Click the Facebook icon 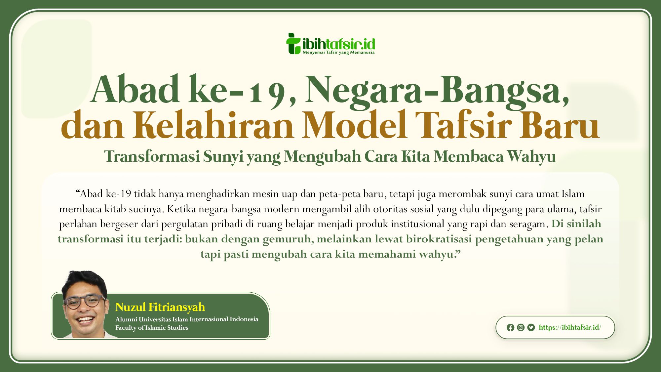coord(510,327)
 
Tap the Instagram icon coord(521,327)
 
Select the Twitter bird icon coord(531,327)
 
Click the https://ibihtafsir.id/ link coord(570,327)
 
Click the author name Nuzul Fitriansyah coord(160,307)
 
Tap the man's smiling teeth coord(86,320)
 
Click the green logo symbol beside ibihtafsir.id coord(293,43)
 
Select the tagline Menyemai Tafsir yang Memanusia coord(339,52)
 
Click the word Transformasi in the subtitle coord(152,156)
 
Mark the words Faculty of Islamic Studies coord(152,328)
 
